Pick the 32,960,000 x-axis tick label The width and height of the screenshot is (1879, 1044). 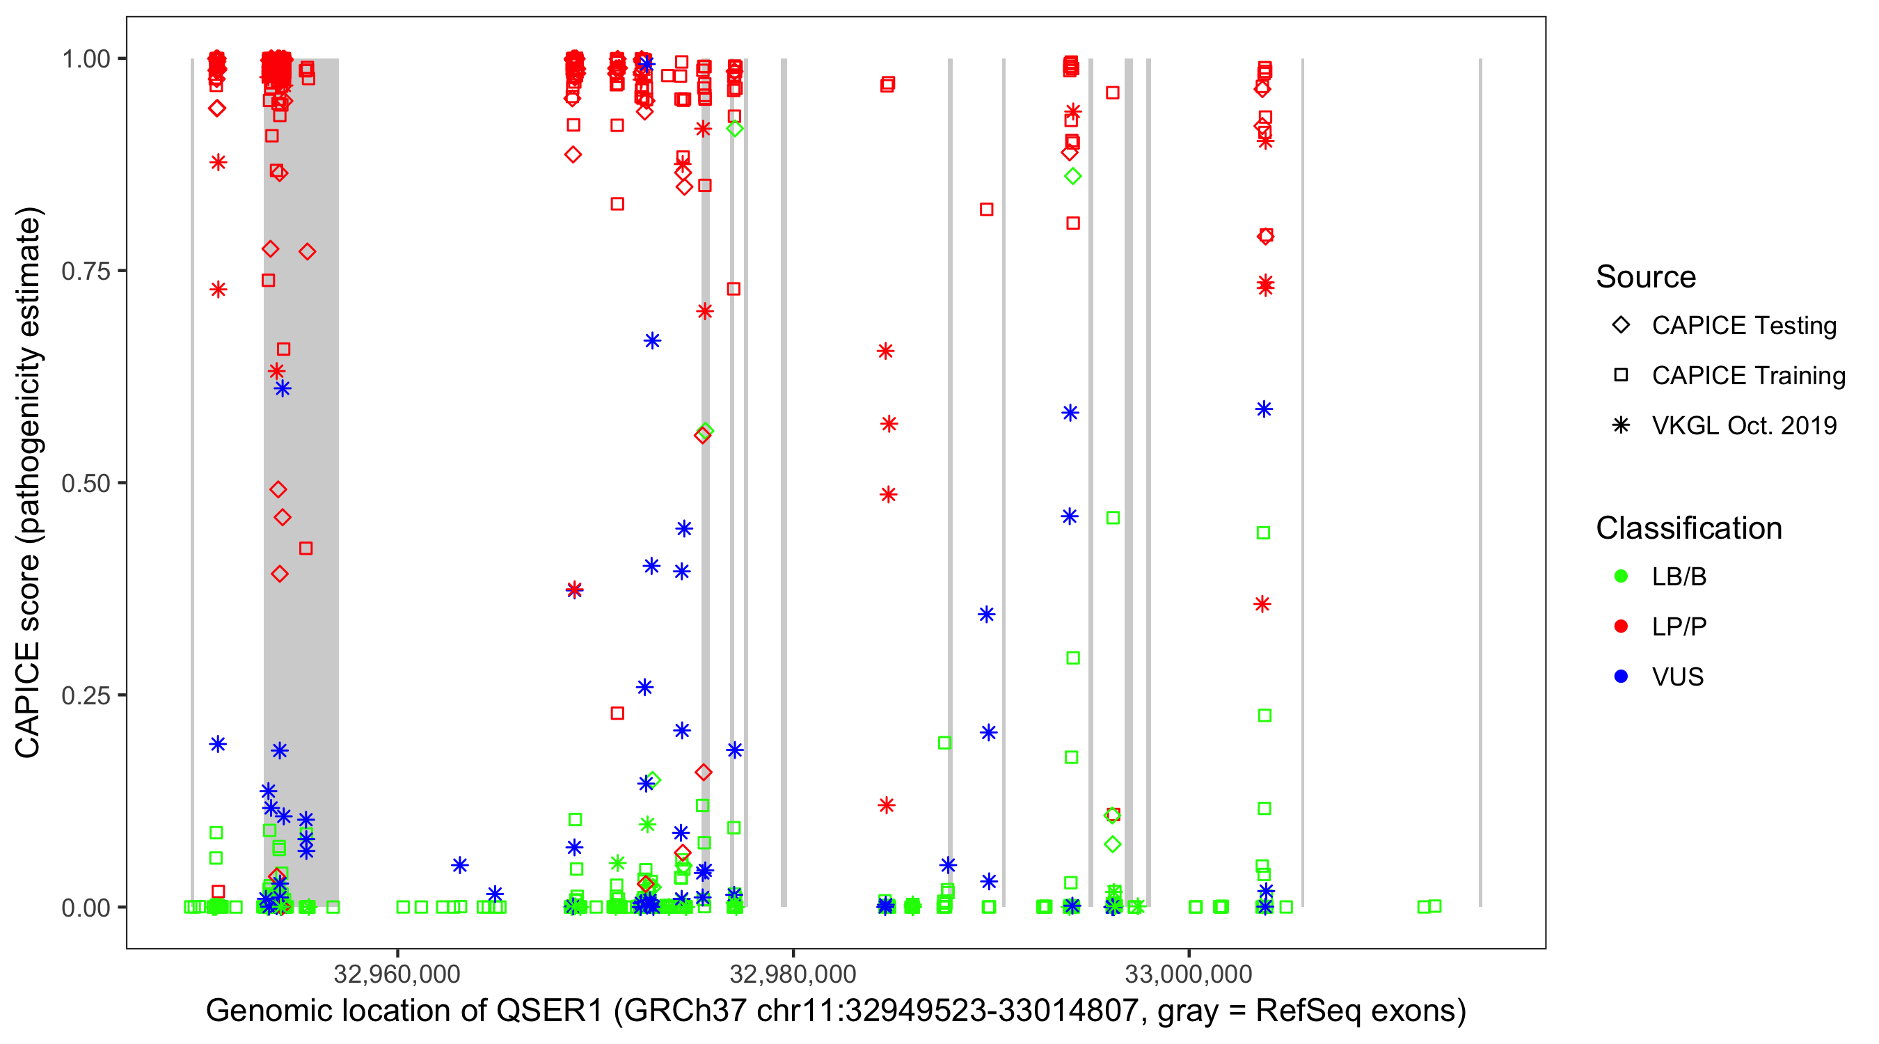(397, 974)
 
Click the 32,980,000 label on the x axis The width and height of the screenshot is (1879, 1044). (793, 974)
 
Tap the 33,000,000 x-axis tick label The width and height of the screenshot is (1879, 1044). (1189, 974)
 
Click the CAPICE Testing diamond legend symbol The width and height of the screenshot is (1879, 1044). (1621, 326)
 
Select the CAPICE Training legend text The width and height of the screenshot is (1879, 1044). (1747, 376)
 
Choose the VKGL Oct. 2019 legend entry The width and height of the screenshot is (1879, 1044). (1743, 426)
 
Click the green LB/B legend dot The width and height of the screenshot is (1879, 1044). (1621, 576)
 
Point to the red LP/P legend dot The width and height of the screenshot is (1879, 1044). (1621, 626)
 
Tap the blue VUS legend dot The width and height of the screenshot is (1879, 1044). (1621, 677)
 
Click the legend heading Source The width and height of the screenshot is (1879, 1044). (1646, 277)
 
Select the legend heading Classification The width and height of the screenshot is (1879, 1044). (1688, 528)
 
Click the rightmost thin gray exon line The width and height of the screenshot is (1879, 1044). (1480, 482)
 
